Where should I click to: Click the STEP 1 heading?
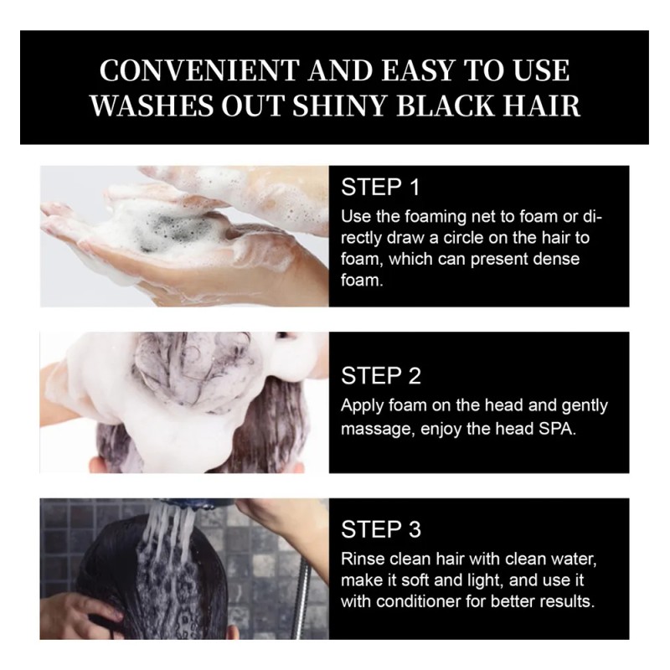click(380, 187)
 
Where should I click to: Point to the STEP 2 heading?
click(381, 375)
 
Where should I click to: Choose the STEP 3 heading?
click(381, 529)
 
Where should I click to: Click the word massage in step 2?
click(379, 430)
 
